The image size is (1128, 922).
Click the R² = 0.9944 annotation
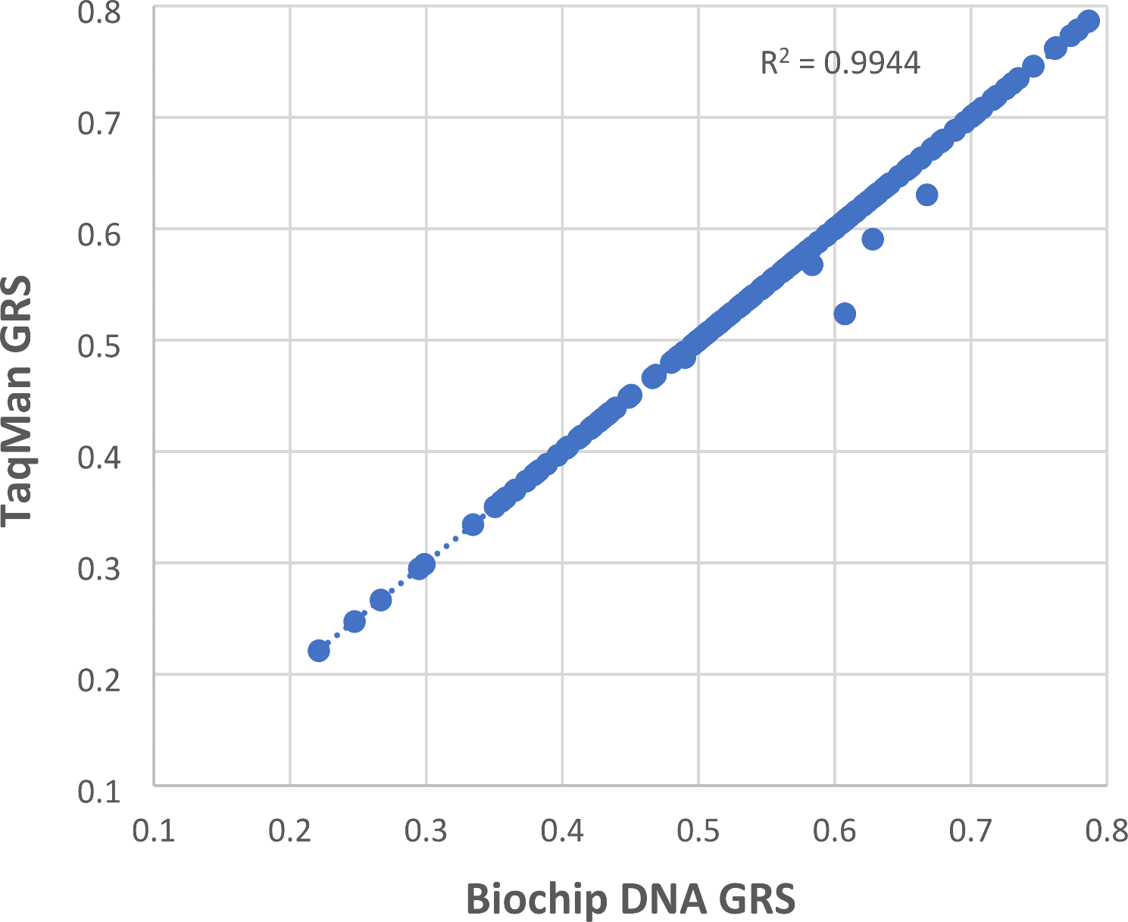840,64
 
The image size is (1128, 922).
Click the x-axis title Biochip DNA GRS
630,899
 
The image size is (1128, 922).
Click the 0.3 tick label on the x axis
426,831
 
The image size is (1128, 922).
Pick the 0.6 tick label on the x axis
834,831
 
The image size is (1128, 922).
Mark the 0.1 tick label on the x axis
154,831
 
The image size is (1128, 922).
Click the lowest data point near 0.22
319,651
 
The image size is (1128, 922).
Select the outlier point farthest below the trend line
845,314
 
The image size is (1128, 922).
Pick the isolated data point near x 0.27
380,600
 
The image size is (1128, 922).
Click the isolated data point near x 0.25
355,621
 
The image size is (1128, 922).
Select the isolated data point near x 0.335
473,524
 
